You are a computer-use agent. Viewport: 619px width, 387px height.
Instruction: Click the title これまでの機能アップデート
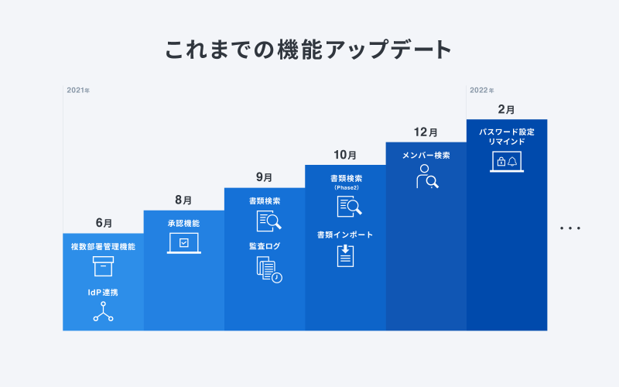(x=308, y=50)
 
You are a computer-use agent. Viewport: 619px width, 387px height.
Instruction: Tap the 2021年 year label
(x=78, y=91)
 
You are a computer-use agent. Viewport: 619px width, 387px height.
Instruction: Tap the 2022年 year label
(x=481, y=91)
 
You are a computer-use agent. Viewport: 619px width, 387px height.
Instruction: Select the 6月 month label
(x=104, y=223)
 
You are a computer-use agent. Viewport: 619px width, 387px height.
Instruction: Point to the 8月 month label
(x=183, y=200)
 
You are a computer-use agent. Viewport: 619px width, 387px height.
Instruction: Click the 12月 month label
(x=426, y=132)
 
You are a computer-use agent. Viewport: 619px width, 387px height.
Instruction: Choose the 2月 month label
(x=506, y=109)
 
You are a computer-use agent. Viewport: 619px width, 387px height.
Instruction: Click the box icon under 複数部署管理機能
(x=103, y=266)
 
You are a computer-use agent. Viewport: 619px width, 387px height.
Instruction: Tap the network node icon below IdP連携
(x=103, y=312)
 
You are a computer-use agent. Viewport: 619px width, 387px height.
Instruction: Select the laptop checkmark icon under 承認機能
(x=184, y=243)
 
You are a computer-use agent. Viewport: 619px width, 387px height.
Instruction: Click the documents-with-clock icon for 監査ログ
(x=269, y=269)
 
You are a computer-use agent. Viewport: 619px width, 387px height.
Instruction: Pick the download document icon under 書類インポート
(x=345, y=256)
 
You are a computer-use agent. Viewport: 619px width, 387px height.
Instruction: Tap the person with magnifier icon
(x=427, y=176)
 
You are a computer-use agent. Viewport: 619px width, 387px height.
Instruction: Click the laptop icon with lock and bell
(x=507, y=162)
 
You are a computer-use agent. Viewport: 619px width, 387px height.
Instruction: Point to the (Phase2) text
(x=346, y=187)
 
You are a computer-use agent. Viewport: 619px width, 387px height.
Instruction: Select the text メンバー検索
(x=426, y=156)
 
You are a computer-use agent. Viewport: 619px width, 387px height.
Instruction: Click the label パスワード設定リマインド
(x=507, y=137)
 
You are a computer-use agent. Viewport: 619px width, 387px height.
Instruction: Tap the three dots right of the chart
(x=570, y=228)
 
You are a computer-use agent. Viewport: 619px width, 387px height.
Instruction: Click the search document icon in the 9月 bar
(x=268, y=221)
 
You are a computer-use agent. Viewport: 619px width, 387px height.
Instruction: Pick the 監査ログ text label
(x=265, y=246)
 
